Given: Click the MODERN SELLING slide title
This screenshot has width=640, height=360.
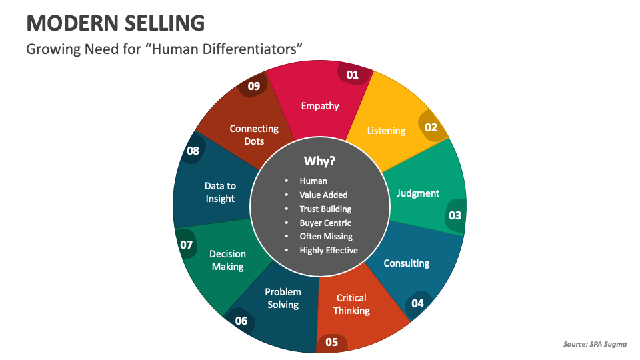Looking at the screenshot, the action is (115, 23).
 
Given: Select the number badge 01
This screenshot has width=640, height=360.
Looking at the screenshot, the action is (352, 75).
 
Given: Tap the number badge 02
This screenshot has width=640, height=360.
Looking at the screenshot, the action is (431, 127).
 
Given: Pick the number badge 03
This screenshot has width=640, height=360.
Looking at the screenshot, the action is (455, 215).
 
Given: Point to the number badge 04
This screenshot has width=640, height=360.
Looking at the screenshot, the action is (417, 303).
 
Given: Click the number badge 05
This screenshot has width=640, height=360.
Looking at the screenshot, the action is (331, 343).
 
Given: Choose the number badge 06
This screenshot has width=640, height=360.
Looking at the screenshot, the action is (241, 321).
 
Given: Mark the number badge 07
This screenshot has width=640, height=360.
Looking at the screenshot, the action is (186, 245).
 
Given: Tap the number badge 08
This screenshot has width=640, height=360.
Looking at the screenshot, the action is (193, 151).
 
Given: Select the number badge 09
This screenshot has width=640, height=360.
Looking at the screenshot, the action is (253, 86).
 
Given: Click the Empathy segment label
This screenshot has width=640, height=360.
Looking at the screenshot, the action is (320, 106).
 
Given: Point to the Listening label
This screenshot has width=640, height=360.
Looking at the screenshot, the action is (386, 131).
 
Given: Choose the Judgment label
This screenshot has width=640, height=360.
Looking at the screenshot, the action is (418, 193).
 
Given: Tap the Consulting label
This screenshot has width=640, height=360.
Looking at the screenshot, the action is (406, 263).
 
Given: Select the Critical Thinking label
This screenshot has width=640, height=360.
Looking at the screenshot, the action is (351, 305).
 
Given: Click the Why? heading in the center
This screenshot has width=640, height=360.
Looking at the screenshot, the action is (319, 161).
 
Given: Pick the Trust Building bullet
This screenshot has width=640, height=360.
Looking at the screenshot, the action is (325, 209).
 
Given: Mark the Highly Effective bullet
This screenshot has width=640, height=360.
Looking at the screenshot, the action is (329, 251).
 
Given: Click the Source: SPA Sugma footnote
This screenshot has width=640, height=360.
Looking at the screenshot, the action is (595, 345).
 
